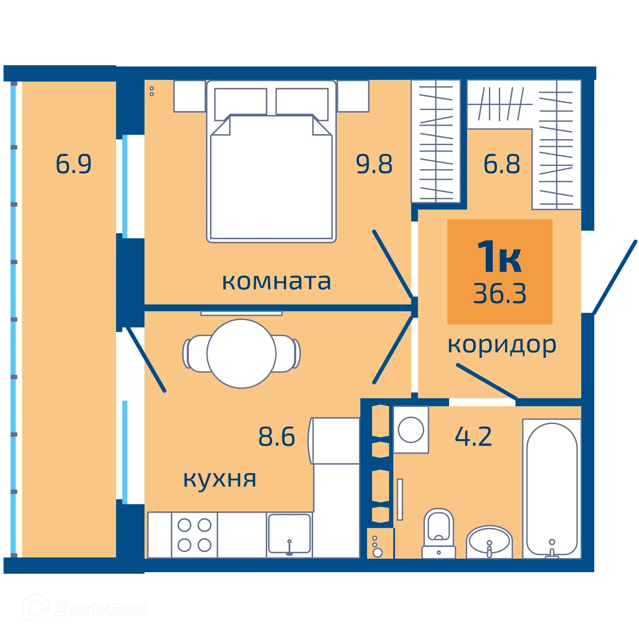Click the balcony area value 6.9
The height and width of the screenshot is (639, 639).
(73, 164)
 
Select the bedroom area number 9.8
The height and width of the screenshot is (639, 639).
(374, 164)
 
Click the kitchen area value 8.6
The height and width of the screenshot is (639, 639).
(277, 436)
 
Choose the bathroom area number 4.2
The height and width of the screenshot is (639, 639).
(473, 436)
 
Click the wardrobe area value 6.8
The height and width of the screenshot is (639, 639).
(502, 164)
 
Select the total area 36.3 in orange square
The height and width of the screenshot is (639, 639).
(499, 294)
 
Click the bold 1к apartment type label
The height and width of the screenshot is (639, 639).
(499, 256)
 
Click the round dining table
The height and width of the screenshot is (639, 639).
(241, 354)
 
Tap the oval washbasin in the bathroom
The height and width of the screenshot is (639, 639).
(489, 542)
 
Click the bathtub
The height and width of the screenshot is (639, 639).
(552, 488)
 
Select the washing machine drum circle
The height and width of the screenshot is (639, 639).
(411, 430)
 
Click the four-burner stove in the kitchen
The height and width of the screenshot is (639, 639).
(194, 535)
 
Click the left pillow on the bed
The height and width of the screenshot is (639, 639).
(240, 102)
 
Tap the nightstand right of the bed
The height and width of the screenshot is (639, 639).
(353, 96)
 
